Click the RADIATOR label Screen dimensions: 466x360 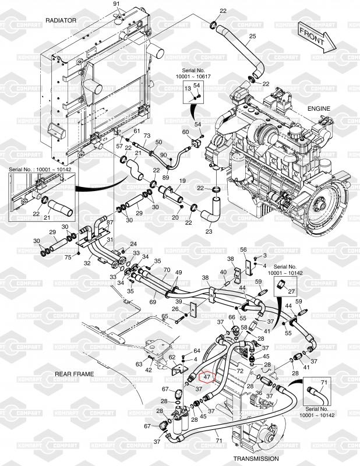61,20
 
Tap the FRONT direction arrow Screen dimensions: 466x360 315,37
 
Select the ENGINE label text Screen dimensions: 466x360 319,108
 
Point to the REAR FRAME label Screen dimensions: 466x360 75,373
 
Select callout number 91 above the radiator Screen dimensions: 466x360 116,5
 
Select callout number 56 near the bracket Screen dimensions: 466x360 244,250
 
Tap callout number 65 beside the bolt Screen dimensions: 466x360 165,317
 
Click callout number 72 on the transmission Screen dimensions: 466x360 239,370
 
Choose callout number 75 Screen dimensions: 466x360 68,257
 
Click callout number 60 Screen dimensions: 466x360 185,132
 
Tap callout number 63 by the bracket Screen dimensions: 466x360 139,364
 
